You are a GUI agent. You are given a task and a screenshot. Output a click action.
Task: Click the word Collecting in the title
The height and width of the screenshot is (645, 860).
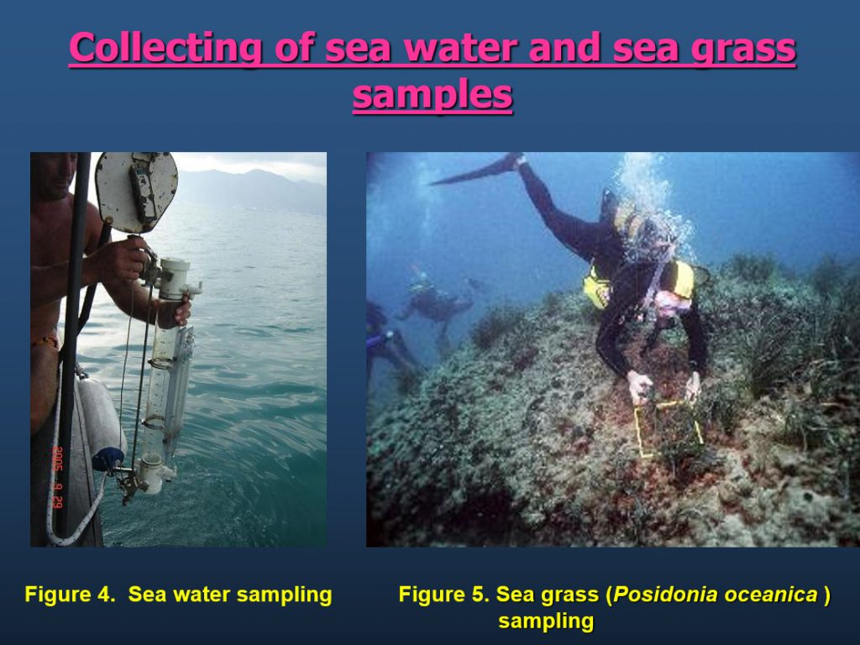[165, 48]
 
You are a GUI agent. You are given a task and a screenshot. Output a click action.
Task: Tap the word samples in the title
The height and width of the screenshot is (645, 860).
[433, 94]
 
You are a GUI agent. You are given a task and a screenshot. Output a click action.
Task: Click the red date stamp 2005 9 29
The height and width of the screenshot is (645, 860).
[58, 477]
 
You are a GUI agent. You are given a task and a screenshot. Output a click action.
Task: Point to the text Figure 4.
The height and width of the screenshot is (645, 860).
[71, 594]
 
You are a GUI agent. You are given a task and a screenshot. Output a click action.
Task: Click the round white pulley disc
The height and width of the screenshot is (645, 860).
[137, 191]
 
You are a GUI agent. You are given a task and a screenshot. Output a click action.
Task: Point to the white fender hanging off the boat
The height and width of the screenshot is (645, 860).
[101, 417]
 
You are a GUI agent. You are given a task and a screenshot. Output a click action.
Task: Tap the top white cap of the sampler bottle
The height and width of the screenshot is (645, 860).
[175, 278]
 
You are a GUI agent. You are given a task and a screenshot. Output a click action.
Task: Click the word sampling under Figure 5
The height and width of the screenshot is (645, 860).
[546, 621]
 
